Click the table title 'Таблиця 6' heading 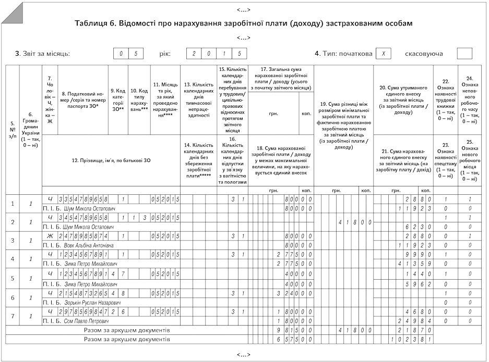(244, 24)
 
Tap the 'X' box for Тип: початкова (383, 54)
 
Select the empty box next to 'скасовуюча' (464, 54)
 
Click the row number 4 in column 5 (13, 258)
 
